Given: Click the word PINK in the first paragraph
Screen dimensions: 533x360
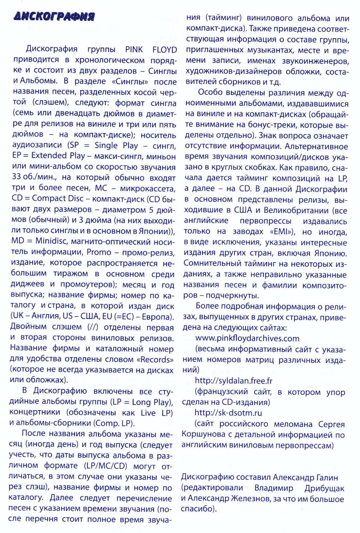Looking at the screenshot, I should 134,50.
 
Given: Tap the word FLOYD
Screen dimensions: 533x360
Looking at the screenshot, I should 164,50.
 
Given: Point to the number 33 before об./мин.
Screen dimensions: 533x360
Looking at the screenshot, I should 17,176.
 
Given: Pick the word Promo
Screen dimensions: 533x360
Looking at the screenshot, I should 99,252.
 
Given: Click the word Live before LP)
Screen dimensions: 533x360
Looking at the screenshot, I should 148,413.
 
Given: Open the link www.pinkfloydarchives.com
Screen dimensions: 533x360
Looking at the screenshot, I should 247,338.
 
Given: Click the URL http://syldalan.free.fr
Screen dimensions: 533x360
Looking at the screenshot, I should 233,381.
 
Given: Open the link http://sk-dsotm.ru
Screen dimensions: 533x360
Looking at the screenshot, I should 228,413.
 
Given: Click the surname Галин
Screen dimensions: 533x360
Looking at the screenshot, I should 326,477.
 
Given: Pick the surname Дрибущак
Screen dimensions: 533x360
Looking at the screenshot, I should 324,488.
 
